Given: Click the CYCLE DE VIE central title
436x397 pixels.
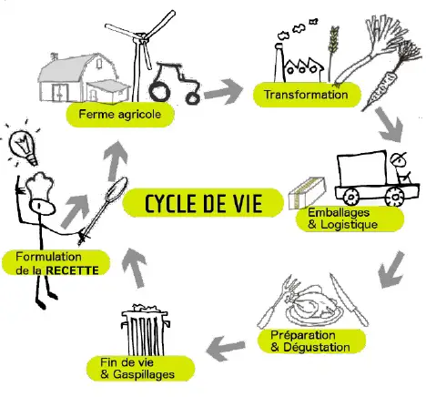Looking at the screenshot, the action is point(203,203).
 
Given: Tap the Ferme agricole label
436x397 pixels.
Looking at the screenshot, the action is point(120,115).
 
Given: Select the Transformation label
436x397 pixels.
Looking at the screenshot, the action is point(306,95).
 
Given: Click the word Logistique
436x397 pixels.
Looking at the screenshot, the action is point(349,225).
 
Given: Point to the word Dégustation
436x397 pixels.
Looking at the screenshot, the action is point(317,347).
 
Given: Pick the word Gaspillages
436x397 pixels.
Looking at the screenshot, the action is point(144,374).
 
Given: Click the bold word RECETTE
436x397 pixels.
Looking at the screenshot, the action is point(72,270).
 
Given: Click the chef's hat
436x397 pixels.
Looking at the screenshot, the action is point(39,185).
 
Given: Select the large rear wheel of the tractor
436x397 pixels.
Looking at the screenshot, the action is point(159,90).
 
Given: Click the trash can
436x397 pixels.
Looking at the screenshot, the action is point(145,331).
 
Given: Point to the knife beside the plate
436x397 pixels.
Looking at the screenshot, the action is point(349,300).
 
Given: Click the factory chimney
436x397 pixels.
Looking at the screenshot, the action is point(279,63).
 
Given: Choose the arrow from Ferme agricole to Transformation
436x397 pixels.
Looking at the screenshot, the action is point(224,91).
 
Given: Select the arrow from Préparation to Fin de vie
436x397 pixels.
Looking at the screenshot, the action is point(226,348).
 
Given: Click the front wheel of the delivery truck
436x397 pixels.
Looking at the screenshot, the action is point(394,197).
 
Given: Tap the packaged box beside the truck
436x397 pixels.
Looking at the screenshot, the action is point(307,193).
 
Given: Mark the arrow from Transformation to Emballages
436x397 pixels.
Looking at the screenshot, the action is point(390,125).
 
